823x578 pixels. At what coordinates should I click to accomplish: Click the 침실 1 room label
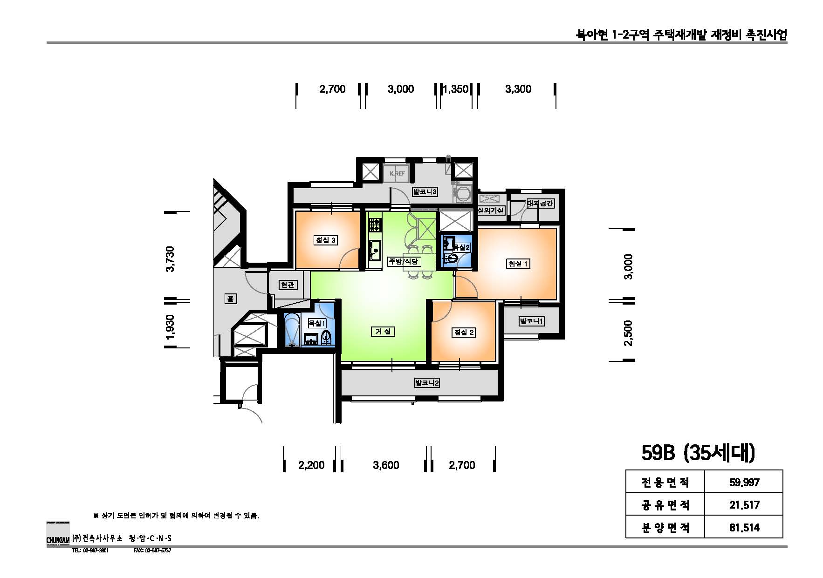518,264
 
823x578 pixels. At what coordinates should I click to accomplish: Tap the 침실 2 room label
464,332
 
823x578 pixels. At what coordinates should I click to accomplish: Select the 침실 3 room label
326,240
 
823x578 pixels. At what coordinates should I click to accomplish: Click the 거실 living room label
383,332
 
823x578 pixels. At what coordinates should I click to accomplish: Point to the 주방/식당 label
405,261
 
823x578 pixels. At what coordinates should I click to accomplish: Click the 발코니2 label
427,383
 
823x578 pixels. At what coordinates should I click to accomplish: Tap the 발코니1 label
531,321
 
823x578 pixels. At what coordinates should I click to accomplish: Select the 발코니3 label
425,191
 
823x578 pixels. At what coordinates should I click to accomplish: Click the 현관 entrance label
288,285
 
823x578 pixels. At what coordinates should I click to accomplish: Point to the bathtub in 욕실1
293,330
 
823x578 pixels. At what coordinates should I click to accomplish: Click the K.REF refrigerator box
397,173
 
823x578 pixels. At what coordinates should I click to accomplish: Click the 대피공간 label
540,204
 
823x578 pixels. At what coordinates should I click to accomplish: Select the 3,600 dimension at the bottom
386,465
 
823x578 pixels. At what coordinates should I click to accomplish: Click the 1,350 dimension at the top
455,89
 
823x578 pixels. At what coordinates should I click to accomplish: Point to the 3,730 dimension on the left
171,259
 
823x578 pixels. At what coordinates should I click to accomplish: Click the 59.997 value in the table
744,483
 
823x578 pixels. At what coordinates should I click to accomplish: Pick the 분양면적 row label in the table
665,528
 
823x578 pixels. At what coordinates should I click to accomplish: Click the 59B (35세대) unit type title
698,453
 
